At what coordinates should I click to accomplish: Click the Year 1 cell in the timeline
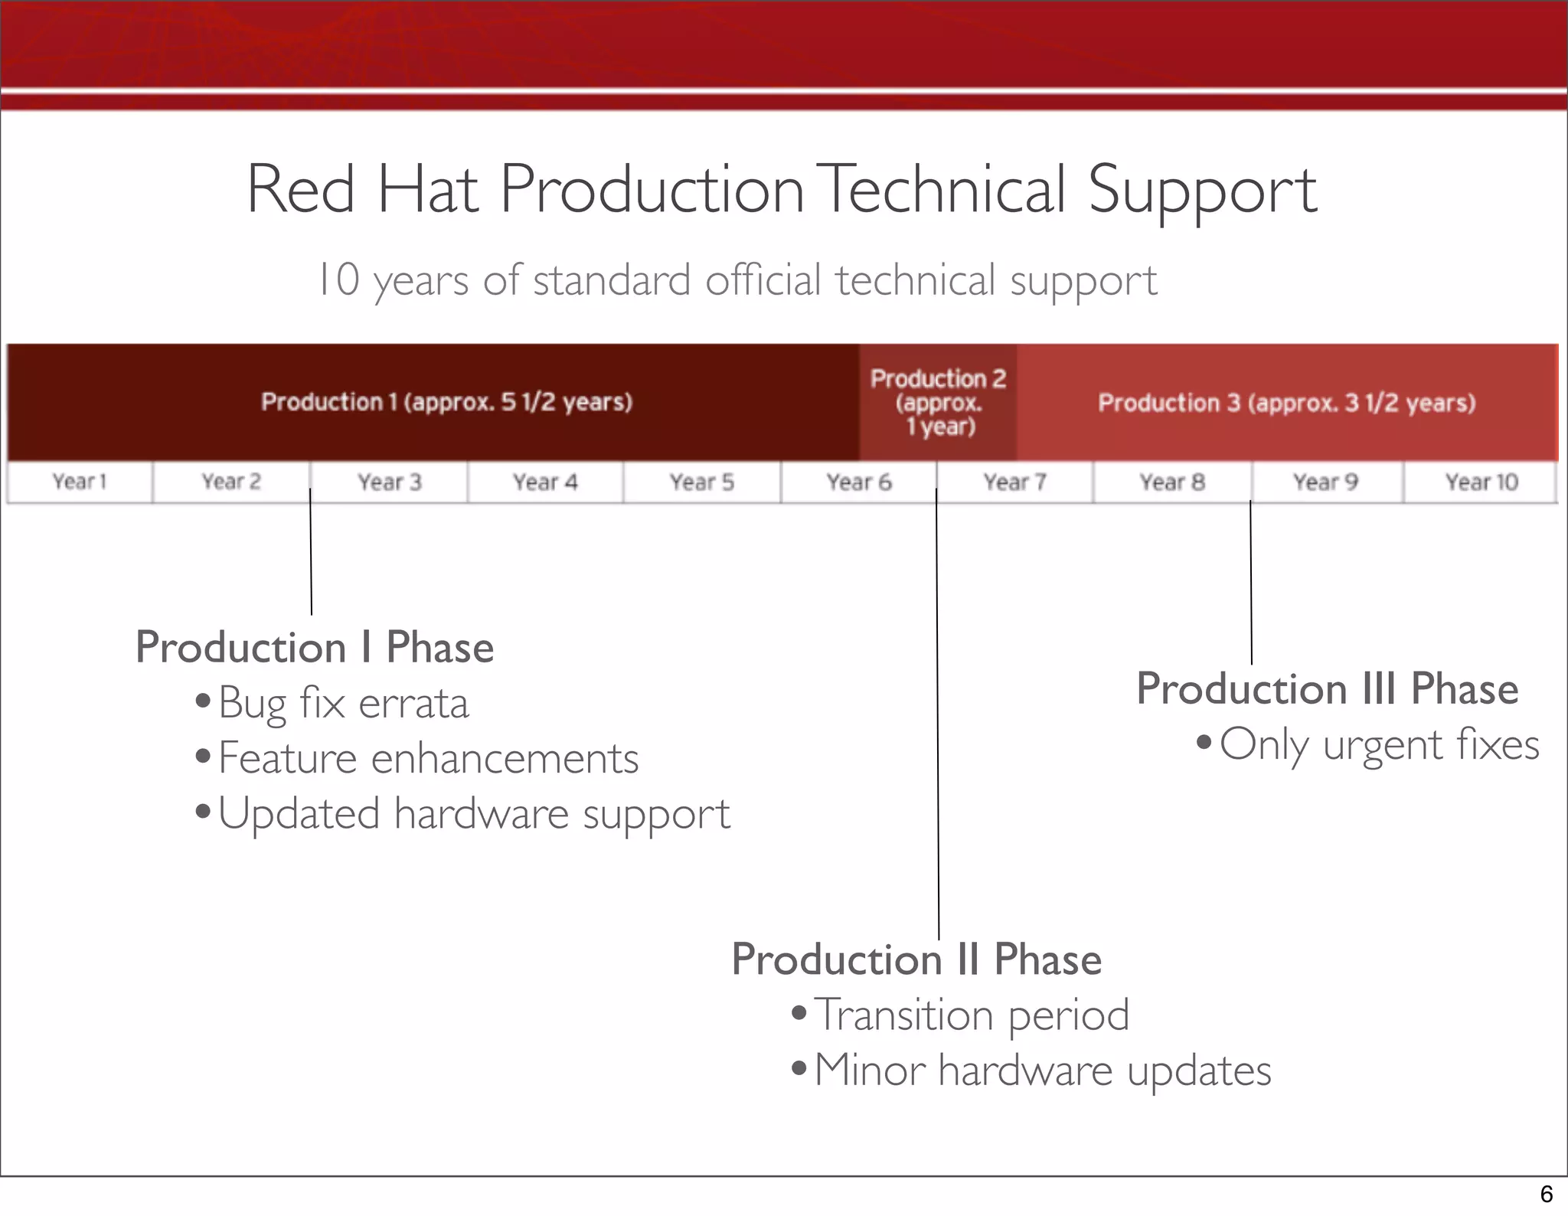pos(80,482)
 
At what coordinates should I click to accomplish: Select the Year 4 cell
pos(545,482)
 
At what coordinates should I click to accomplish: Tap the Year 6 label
pos(859,482)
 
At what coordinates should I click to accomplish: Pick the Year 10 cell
pos(1481,482)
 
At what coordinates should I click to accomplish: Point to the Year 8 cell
pos(1172,482)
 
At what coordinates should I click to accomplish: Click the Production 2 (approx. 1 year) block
pos(939,402)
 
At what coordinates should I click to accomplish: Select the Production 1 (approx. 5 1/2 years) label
pos(446,402)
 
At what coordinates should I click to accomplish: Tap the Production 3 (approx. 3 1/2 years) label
pos(1287,403)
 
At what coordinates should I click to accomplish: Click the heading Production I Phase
pos(315,647)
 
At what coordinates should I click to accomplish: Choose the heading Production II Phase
pos(916,959)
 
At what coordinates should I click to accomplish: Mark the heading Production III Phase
pos(1327,688)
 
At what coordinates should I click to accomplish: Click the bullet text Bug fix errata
pos(343,703)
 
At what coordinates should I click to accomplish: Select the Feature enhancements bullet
pos(428,759)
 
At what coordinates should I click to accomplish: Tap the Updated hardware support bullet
pos(474,814)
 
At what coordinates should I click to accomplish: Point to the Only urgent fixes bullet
pos(1379,744)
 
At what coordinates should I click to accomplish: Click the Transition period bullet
pos(971,1015)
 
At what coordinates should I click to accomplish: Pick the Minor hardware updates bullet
pos(1042,1071)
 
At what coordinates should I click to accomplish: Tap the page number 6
pos(1546,1194)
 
